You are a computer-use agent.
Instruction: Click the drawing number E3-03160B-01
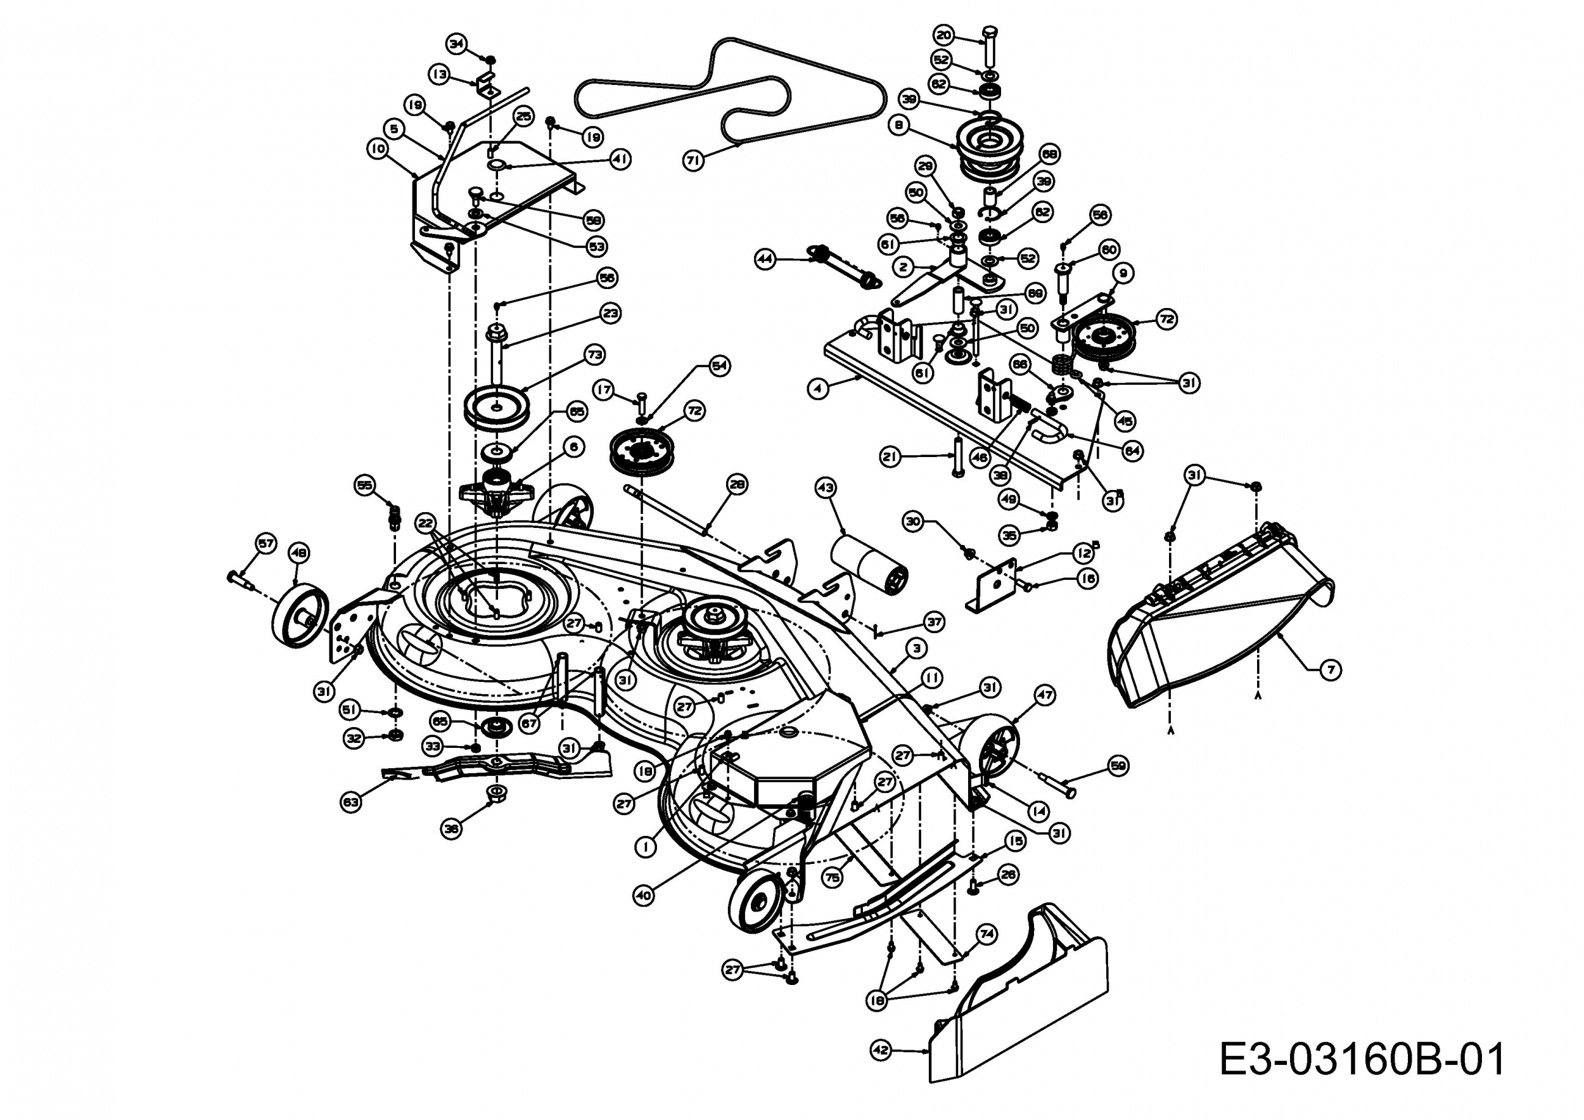[x=1362, y=1060]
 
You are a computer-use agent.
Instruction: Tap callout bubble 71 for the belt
[x=693, y=160]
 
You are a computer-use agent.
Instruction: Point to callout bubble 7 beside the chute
[x=1330, y=669]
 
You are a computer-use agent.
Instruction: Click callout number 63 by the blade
[x=350, y=802]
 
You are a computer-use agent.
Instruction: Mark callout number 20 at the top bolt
[x=943, y=34]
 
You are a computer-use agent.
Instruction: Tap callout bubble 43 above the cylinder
[x=825, y=487]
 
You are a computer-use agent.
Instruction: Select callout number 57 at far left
[x=265, y=543]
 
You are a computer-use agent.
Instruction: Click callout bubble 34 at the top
[x=456, y=44]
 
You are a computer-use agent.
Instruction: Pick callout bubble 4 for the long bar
[x=817, y=389]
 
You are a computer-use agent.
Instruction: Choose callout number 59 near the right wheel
[x=1118, y=765]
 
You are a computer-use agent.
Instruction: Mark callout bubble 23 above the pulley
[x=611, y=313]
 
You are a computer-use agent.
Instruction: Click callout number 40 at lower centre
[x=643, y=896]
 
